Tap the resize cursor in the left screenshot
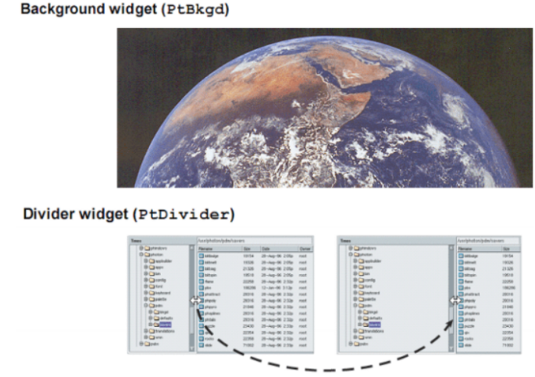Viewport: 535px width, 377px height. click(x=194, y=299)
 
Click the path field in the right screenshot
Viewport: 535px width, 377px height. click(x=485, y=240)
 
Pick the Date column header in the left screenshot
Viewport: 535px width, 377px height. click(x=266, y=247)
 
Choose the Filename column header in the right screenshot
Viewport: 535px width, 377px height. click(x=472, y=247)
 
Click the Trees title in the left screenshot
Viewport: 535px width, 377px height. click(x=136, y=241)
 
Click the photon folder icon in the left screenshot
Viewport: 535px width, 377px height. click(x=146, y=254)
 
